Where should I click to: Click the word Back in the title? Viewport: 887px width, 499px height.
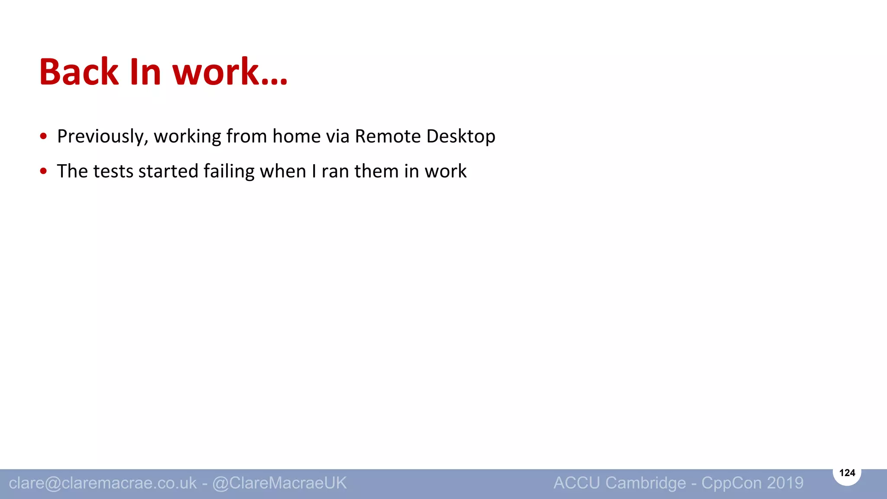tap(78, 72)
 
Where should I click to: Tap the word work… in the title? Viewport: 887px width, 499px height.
tap(230, 72)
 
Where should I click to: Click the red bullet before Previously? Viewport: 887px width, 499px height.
tap(43, 136)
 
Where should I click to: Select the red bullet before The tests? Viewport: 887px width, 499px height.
tap(43, 172)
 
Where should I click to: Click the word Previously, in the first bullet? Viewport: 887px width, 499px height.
tap(103, 136)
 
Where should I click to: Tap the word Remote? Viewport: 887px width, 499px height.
tap(388, 136)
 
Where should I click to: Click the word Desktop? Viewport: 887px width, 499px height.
tap(460, 136)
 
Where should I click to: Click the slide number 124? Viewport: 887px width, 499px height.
tap(847, 473)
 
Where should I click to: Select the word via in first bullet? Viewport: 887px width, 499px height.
tap(337, 136)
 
